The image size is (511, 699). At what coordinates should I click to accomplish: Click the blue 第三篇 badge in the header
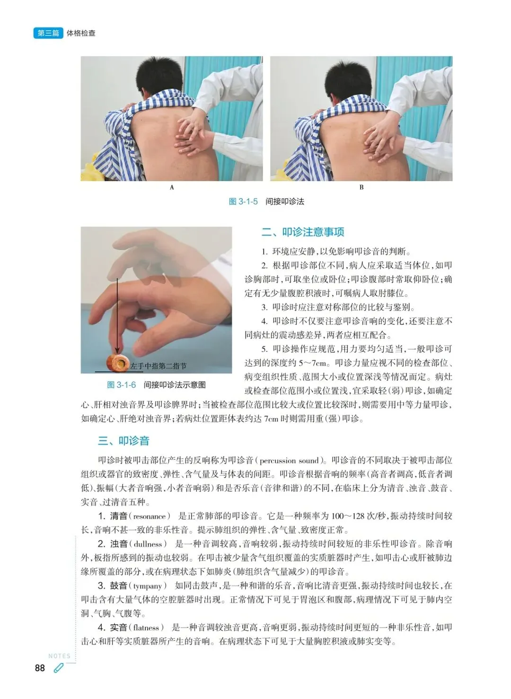click(x=48, y=33)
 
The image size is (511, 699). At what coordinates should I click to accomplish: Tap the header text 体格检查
click(x=81, y=33)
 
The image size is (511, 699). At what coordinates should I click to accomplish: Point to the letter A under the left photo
click(x=172, y=187)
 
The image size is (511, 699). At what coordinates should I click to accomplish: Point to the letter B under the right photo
click(x=361, y=187)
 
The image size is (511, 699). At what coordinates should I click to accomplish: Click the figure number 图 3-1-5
click(x=243, y=201)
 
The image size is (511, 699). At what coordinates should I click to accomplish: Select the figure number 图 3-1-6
click(x=121, y=385)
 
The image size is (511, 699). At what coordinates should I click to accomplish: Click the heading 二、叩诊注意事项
click(x=303, y=232)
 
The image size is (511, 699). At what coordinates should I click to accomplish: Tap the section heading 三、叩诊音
click(x=123, y=441)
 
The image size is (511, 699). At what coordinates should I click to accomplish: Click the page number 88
click(x=40, y=668)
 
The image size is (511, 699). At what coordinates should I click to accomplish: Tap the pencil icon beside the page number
click(x=58, y=668)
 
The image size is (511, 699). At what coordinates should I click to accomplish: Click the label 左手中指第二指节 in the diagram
click(x=158, y=366)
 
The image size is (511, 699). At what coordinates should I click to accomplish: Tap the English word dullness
click(x=148, y=544)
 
